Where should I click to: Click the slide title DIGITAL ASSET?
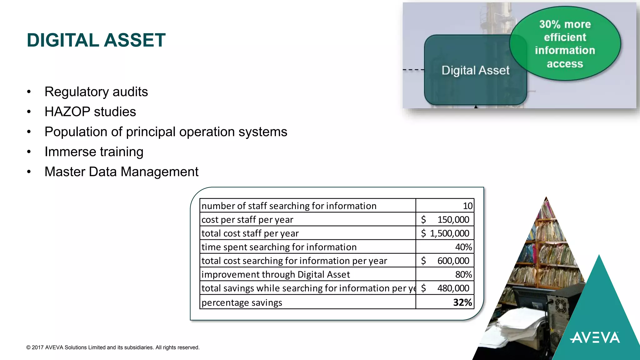click(96, 40)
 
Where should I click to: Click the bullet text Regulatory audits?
click(96, 92)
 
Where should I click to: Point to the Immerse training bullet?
click(94, 152)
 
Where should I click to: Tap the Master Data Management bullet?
click(121, 172)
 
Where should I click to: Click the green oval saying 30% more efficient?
click(565, 44)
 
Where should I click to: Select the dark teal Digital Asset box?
click(475, 71)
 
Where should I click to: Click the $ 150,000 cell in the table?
click(445, 220)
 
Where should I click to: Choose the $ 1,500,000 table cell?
click(445, 233)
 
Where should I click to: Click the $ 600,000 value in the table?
click(445, 261)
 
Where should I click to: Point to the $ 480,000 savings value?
click(445, 288)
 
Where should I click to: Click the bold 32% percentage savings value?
click(462, 302)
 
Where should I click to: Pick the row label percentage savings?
click(242, 303)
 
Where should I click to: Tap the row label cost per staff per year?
click(247, 220)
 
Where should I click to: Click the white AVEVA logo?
click(595, 338)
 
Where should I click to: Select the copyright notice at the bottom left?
click(113, 347)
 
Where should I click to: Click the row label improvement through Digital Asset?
click(276, 275)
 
